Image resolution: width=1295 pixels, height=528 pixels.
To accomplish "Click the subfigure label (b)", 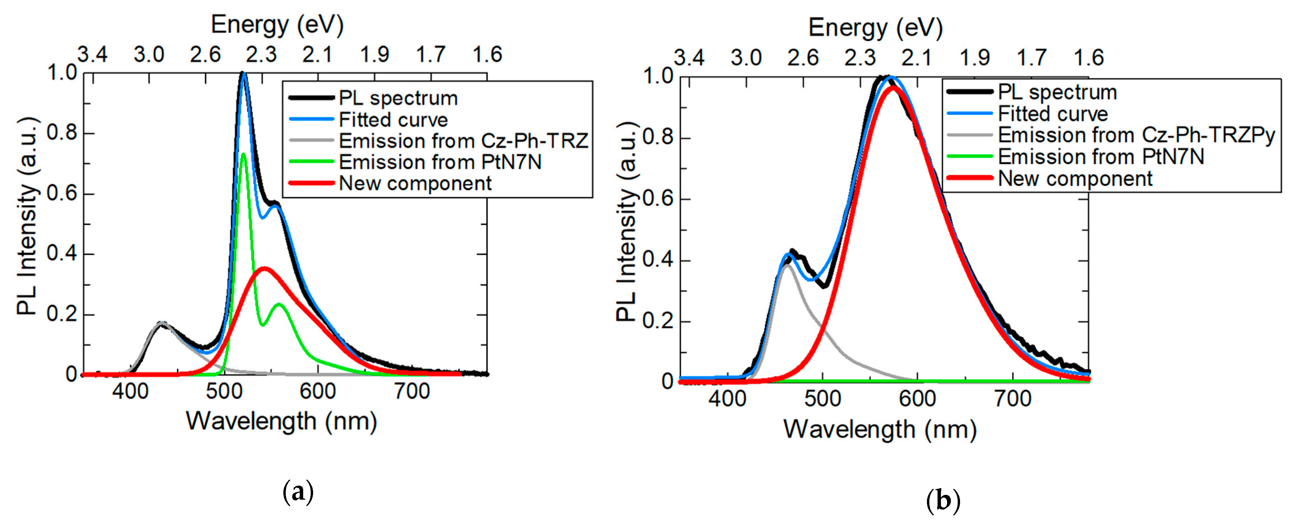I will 943,501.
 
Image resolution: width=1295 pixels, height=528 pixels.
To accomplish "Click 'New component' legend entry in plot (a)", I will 415,183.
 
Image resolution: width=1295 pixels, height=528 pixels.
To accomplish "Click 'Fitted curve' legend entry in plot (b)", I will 1052,114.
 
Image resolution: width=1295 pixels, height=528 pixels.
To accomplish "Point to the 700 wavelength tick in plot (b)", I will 1012,399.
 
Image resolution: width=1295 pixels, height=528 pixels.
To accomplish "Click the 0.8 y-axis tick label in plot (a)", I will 62,133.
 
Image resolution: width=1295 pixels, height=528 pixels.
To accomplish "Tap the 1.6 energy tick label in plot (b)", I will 1089,58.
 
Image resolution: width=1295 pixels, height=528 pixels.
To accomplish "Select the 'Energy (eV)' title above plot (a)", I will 277,25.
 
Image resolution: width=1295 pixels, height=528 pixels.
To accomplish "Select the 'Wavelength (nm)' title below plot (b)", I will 880,430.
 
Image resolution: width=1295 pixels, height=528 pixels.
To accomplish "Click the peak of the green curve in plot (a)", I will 244,154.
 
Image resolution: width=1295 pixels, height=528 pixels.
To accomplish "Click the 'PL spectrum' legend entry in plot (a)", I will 398,98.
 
